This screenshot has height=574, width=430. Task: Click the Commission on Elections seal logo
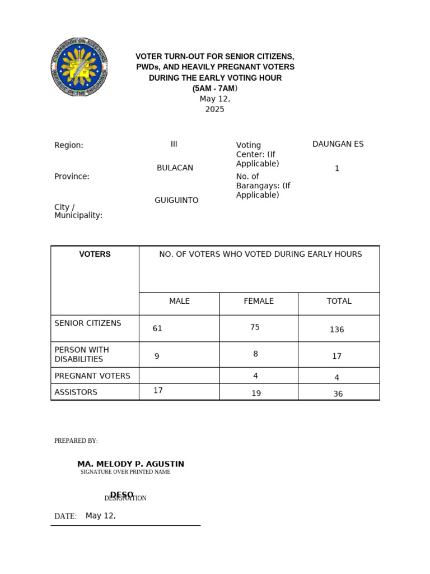click(x=79, y=67)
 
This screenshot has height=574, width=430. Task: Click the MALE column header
click(x=179, y=302)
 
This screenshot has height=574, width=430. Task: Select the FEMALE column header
click(x=259, y=302)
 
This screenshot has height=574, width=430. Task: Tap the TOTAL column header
click(x=339, y=302)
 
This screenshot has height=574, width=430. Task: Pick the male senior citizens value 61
click(x=157, y=328)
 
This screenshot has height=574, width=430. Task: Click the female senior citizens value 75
click(x=255, y=327)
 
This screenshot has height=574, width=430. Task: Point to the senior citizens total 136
click(x=336, y=330)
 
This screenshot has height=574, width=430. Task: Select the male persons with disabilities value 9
click(x=156, y=355)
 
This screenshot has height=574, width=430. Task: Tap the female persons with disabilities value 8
click(x=255, y=354)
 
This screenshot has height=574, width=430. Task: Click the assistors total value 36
click(x=338, y=394)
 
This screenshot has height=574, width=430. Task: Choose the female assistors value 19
click(x=256, y=394)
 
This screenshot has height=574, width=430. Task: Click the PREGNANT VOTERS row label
click(x=92, y=376)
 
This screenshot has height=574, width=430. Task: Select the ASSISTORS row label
click(x=76, y=392)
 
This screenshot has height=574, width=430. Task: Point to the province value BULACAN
click(x=175, y=168)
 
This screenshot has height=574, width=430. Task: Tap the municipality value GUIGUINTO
click(x=176, y=201)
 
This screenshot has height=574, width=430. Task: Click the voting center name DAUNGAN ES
click(x=338, y=145)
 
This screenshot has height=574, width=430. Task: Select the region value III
click(x=174, y=145)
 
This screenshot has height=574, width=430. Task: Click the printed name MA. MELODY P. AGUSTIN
click(x=130, y=464)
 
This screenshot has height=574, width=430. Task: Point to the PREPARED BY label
click(x=76, y=441)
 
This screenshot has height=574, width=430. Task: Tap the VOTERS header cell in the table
click(x=95, y=254)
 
